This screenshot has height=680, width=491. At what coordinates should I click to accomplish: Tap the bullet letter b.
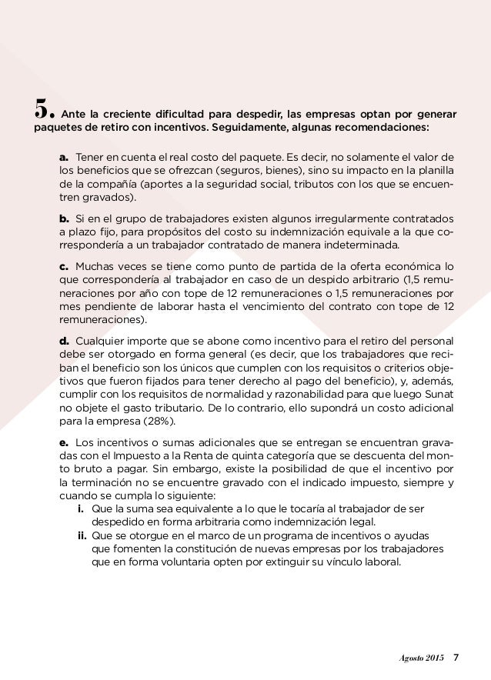pyautogui.click(x=64, y=217)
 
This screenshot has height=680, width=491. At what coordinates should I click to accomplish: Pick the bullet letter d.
pyautogui.click(x=64, y=341)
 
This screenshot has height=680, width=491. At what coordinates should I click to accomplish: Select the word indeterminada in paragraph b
pyautogui.click(x=361, y=246)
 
